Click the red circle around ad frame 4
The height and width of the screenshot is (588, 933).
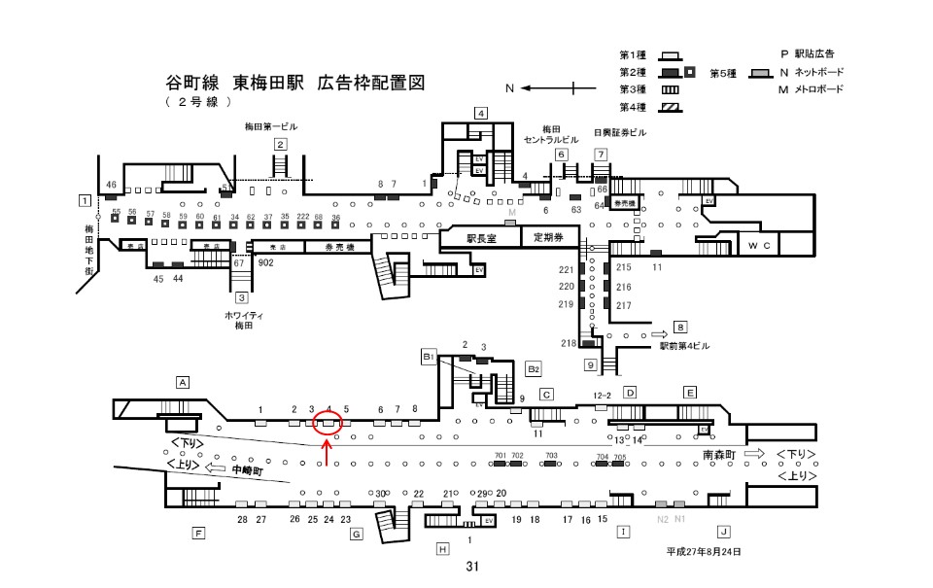pos(328,423)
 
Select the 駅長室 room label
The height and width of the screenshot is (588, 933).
pos(480,237)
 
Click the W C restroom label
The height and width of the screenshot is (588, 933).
pos(760,246)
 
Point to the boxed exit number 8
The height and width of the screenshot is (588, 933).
pos(680,328)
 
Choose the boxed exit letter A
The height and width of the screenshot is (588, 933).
pos(182,382)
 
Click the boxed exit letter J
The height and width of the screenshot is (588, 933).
pos(723,531)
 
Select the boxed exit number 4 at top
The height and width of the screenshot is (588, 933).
pos(480,113)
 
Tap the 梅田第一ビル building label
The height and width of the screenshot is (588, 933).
pos(270,127)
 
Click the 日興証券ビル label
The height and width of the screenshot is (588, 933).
pos(619,132)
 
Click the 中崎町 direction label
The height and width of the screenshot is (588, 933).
pos(248,469)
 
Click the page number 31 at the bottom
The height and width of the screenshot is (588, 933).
pos(473,567)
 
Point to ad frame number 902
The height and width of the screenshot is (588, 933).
pos(265,262)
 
